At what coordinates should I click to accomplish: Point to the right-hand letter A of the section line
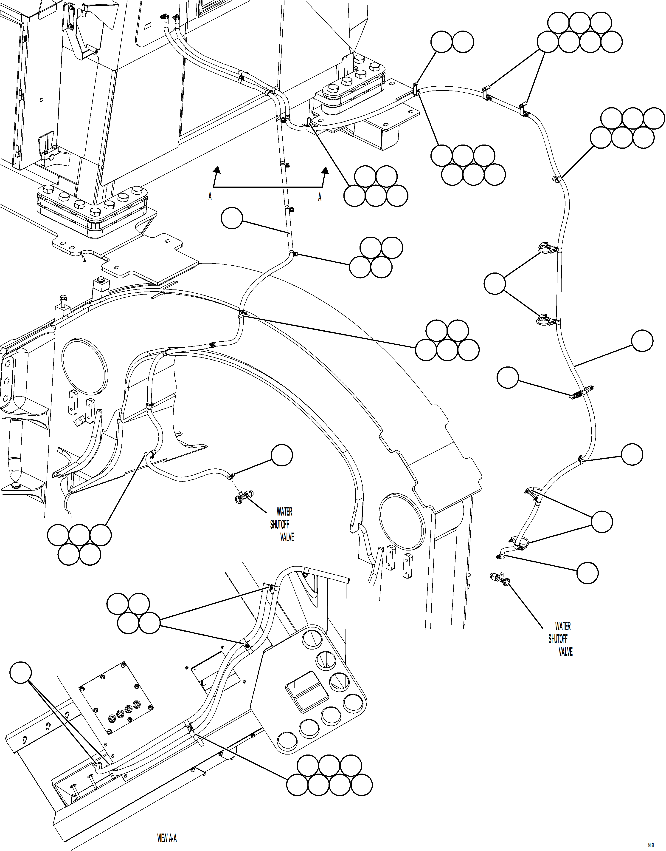[x=320, y=197]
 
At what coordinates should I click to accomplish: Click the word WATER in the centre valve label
[x=284, y=511]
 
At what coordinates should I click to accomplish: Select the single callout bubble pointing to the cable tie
[x=508, y=377]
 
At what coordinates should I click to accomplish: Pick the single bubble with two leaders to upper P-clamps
[x=495, y=283]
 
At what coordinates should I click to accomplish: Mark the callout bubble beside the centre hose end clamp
[x=281, y=455]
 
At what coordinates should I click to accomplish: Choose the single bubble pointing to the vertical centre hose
[x=232, y=218]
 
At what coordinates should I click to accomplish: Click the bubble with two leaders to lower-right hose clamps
[x=602, y=522]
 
